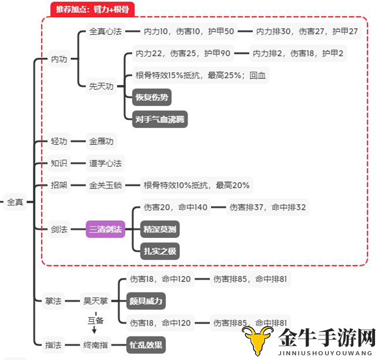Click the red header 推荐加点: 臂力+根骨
pos(92,9)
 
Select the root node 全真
pos(15,202)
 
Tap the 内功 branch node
pos(59,59)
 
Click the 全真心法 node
pos(105,31)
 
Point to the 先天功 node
pos(101,86)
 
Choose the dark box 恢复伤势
pos(152,97)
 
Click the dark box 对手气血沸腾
pos(160,119)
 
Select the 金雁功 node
pos(101,141)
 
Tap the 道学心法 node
pos(105,163)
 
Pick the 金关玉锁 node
pos(105,185)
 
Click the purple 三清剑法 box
pos(105,229)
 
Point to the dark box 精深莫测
pos(160,229)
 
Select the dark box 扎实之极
pos(160,251)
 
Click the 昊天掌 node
pos(95,301)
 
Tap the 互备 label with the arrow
pos(95,321)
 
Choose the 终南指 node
pos(95,345)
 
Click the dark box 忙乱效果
pos(146,345)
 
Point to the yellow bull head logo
pos(257,340)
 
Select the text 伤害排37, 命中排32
pos(267,207)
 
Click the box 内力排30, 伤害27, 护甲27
pos(307,31)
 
